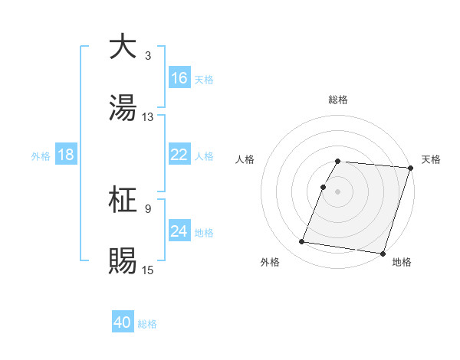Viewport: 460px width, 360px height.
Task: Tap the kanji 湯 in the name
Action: tap(122, 108)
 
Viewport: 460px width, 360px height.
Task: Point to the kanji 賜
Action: tap(122, 260)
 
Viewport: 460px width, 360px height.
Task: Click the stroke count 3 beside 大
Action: tap(147, 56)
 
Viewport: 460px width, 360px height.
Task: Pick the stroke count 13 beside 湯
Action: tap(148, 117)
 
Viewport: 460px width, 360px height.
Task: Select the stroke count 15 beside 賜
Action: tap(148, 270)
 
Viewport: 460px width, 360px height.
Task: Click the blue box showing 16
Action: tap(179, 78)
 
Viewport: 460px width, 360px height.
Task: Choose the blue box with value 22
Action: tap(179, 155)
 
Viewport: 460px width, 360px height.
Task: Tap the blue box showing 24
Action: tap(179, 231)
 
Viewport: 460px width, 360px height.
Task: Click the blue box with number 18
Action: tap(66, 155)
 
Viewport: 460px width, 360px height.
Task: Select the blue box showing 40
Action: tap(123, 323)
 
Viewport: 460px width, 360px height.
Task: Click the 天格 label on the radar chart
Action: tap(431, 159)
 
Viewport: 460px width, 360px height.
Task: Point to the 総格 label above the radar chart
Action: tap(338, 100)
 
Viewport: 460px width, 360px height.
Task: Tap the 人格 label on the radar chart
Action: tap(245, 159)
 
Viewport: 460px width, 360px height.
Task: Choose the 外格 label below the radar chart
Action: tap(270, 263)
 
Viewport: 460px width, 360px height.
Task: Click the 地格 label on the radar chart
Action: tap(402, 263)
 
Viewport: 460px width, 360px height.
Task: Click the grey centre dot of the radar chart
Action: tap(338, 191)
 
